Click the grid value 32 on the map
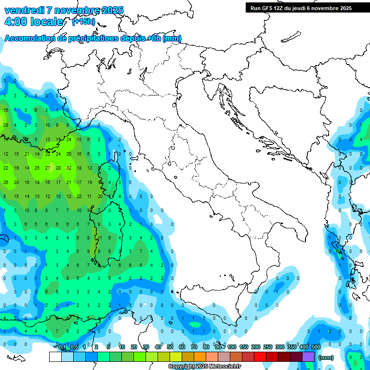[69, 168]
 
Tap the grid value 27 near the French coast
[48, 168]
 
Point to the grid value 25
[37, 168]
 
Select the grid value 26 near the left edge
[6, 182]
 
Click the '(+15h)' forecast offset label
[83, 22]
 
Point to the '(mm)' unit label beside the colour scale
[326, 357]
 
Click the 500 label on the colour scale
[316, 347]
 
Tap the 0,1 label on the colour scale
[62, 347]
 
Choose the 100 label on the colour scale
[232, 347]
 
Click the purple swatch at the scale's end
[308, 357]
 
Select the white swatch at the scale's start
[55, 357]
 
